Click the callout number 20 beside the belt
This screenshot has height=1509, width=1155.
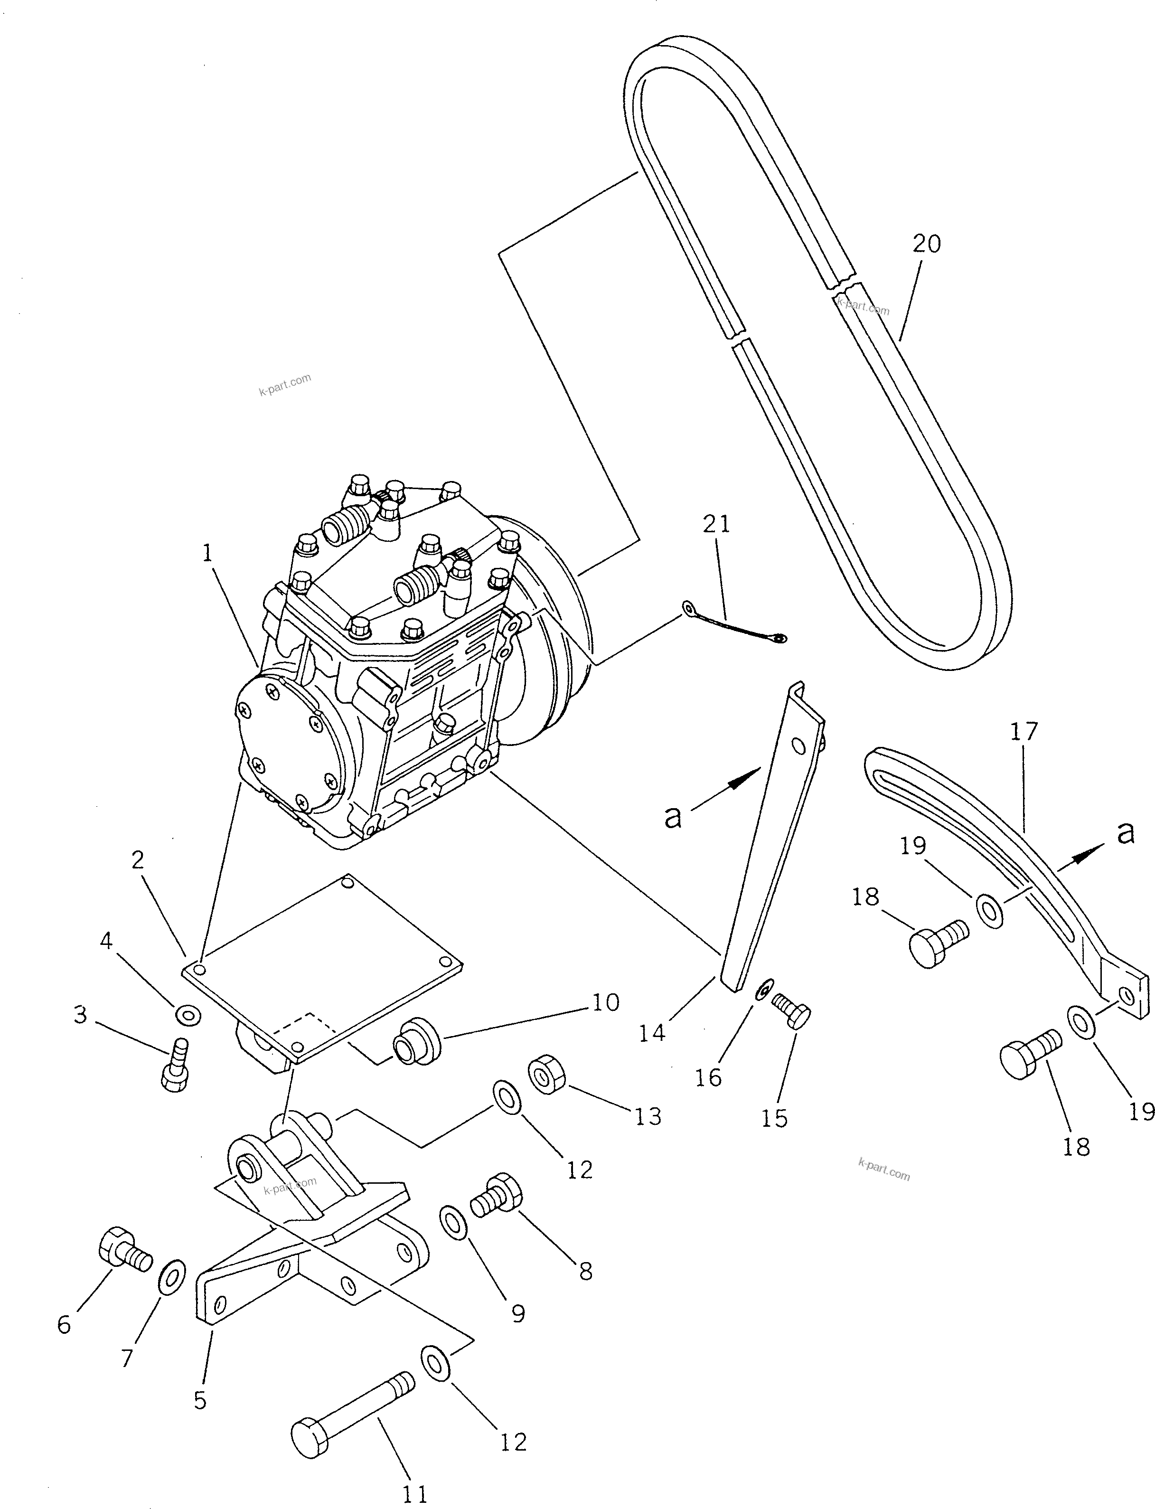tap(926, 244)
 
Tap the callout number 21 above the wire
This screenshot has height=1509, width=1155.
tap(716, 525)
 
